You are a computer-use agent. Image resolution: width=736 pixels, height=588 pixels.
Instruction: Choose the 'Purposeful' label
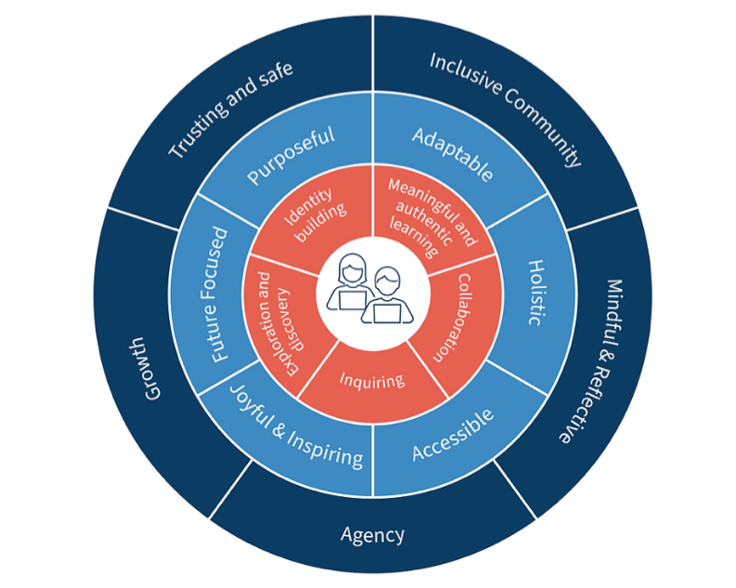coord(291,156)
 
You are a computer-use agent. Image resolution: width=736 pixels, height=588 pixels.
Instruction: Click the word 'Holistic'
coord(536,291)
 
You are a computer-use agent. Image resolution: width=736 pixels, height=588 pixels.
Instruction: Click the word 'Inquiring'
coord(370,379)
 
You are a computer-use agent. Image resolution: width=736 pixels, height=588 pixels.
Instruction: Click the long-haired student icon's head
coord(354,269)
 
